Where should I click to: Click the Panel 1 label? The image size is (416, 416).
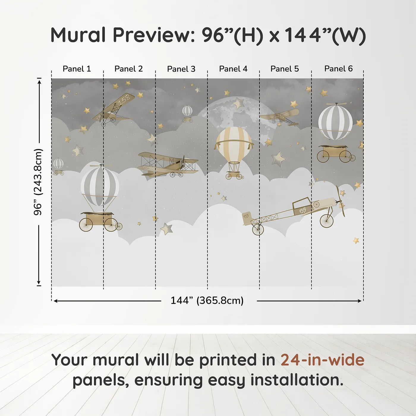(x=77, y=69)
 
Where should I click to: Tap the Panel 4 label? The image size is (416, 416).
(x=233, y=69)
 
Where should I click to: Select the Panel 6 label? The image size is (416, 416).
(x=338, y=69)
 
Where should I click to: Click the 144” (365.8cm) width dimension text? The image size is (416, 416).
(x=207, y=300)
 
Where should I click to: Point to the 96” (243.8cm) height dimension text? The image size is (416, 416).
(x=38, y=182)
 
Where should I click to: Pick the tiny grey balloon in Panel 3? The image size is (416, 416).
(x=187, y=114)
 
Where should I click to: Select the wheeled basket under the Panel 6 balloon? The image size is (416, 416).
(x=336, y=154)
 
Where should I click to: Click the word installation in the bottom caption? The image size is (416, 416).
(x=297, y=380)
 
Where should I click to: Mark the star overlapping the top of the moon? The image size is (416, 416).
(x=238, y=103)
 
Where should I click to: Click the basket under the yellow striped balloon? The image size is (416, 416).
(x=234, y=175)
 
